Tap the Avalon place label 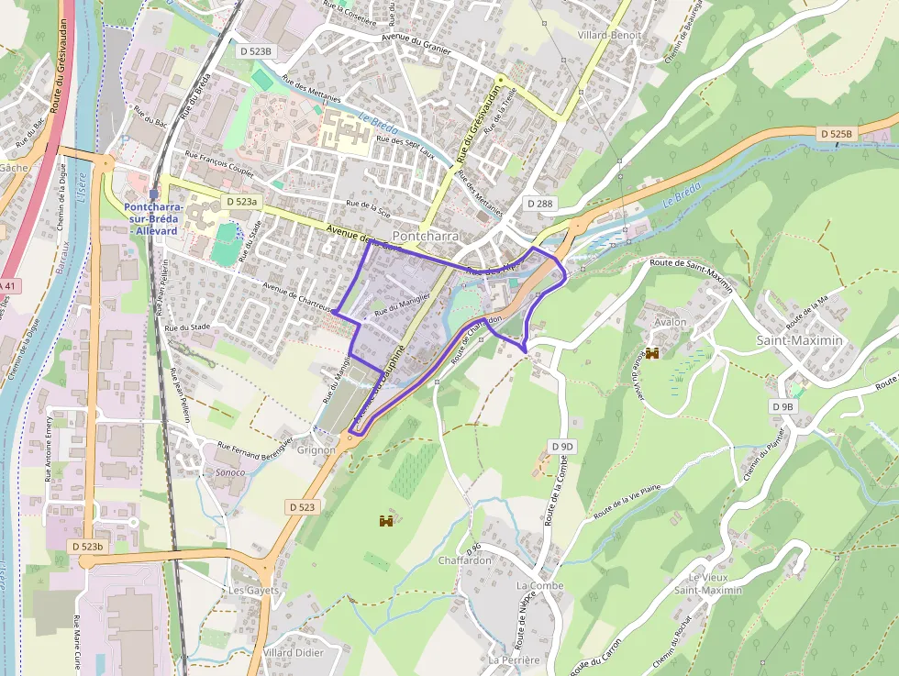click(x=670, y=323)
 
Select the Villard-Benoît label click(x=609, y=35)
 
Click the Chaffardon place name click(x=465, y=560)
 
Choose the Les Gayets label click(x=254, y=590)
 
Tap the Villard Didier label click(x=294, y=652)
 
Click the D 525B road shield click(x=837, y=134)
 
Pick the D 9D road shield click(x=562, y=446)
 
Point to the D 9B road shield click(x=782, y=406)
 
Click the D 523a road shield click(x=242, y=201)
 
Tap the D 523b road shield click(x=88, y=546)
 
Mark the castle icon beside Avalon click(x=653, y=353)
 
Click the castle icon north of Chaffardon click(x=386, y=521)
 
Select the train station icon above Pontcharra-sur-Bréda click(x=153, y=194)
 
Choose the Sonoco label click(x=229, y=472)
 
